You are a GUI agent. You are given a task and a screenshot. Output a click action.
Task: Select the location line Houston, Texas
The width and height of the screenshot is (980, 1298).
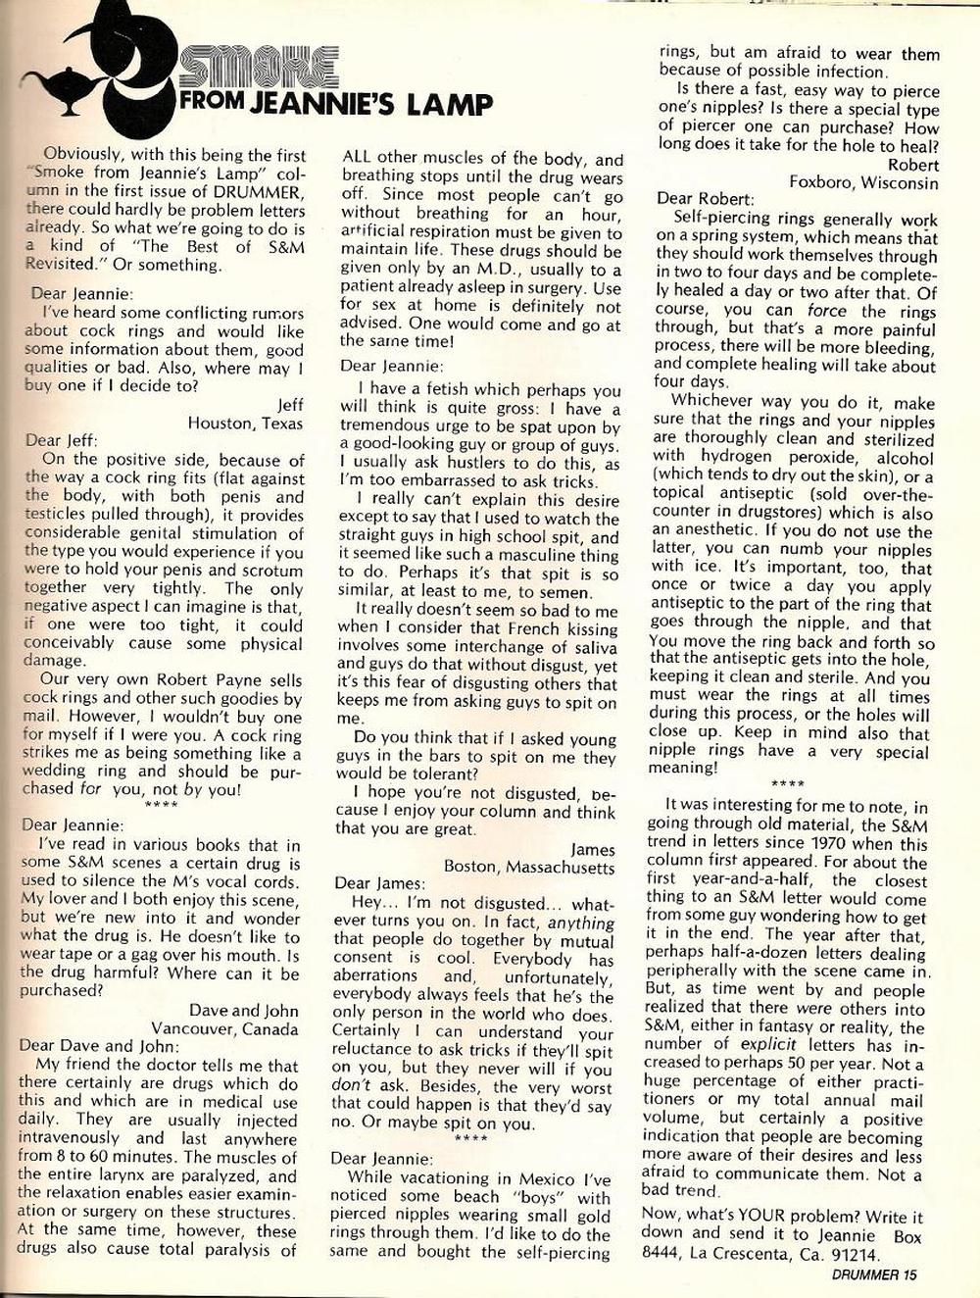click(246, 424)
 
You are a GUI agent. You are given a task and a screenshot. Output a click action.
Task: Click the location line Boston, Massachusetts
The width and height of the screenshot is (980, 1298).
click(530, 867)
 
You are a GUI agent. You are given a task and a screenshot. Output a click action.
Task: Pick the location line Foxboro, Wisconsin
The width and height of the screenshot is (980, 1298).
click(863, 182)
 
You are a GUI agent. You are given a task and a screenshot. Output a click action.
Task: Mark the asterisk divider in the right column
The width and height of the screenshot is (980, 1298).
click(788, 784)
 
